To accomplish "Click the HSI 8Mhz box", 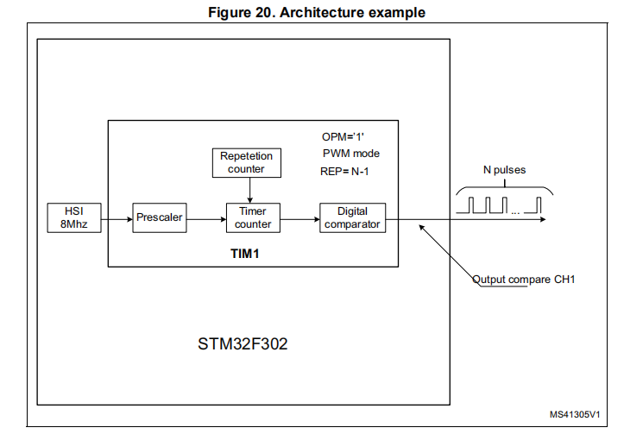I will coord(73,217).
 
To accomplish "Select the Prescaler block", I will coord(159,217).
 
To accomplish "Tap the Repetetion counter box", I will coord(246,162).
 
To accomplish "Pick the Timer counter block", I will coord(253,217).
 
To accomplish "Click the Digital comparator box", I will coord(352,217).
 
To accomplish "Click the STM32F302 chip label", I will coord(243,344).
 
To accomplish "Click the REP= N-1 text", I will coord(345,170).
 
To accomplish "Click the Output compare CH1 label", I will coord(523,280).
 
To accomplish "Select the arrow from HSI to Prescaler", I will coord(116,217).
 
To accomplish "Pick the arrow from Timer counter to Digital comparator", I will coord(299,217).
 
